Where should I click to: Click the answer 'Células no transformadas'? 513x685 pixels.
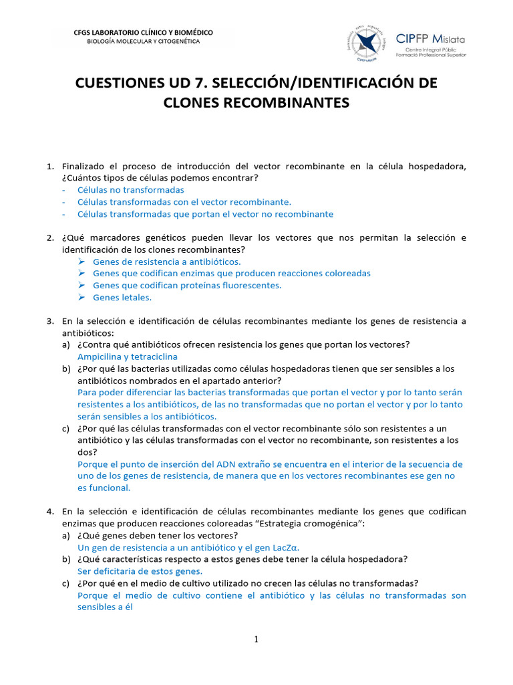(x=130, y=190)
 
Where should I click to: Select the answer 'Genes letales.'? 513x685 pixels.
(x=122, y=298)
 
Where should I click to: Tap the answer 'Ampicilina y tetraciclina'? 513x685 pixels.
(x=127, y=357)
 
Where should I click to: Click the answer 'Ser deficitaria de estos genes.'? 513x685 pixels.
(x=140, y=571)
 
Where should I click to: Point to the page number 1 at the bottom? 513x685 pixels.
(x=256, y=640)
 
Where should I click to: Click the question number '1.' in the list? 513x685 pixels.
(x=50, y=166)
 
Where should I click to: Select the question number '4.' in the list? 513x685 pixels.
(x=50, y=512)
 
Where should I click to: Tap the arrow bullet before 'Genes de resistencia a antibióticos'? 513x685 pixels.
(x=81, y=262)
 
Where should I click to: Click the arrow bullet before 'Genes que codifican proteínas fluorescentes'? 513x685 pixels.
(x=81, y=286)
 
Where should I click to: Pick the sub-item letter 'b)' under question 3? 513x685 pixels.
(x=66, y=369)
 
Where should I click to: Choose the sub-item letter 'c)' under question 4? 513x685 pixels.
(x=66, y=583)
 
